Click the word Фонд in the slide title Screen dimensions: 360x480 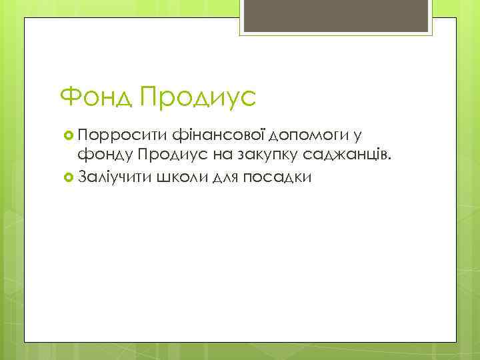[96, 99]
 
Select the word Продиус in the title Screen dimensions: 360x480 [199, 99]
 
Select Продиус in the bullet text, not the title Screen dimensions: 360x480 [171, 157]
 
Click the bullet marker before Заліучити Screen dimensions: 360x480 [67, 178]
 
